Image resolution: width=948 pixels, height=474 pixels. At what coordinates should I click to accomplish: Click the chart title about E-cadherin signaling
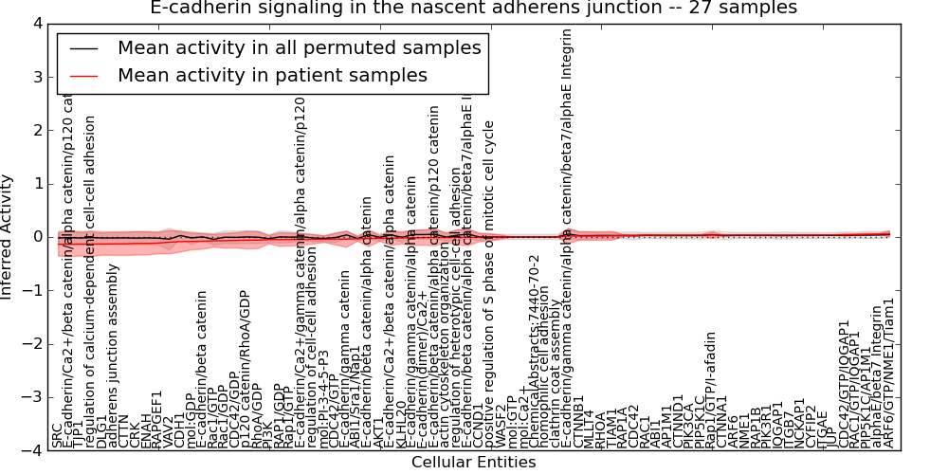(474, 9)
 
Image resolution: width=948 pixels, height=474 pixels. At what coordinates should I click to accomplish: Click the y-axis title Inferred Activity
(9, 237)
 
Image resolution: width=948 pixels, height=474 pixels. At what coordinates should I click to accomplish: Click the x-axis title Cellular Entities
(474, 463)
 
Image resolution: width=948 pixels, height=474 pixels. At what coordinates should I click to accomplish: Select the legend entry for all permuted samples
(299, 47)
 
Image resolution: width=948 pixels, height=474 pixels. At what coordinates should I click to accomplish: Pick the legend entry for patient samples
(272, 75)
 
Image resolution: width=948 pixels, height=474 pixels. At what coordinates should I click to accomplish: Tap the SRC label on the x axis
(58, 435)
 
